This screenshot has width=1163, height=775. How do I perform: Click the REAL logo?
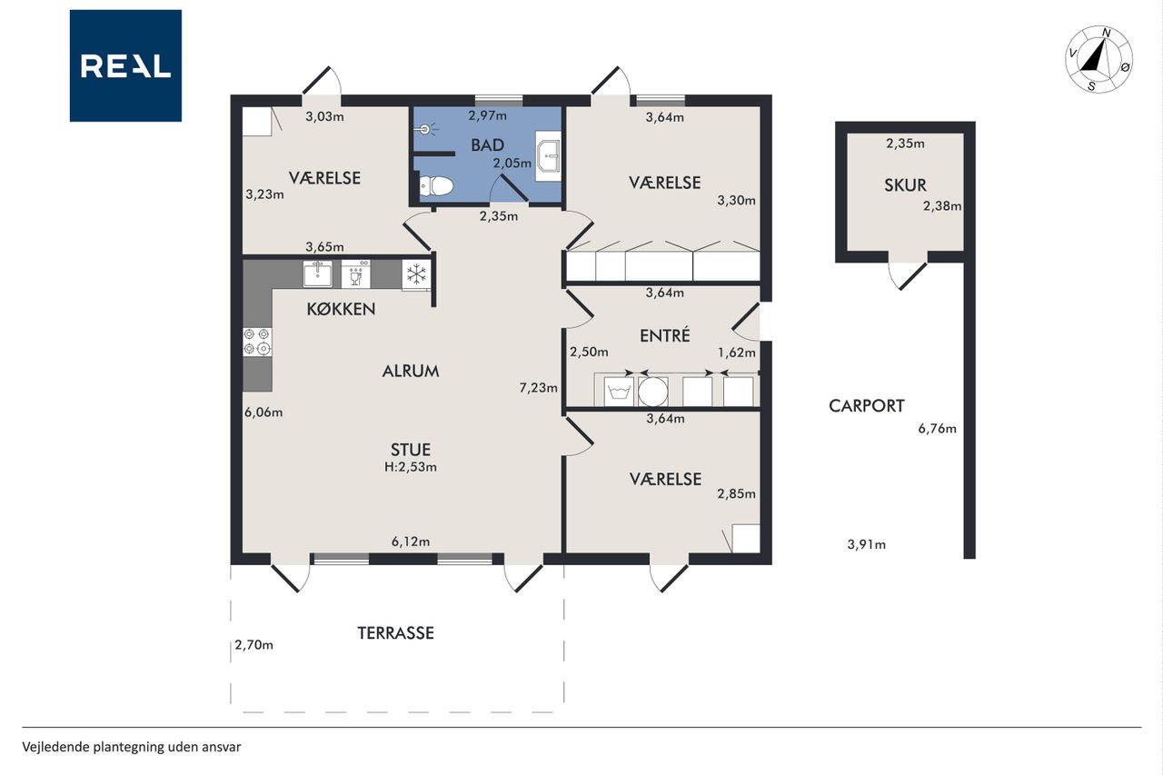[125, 66]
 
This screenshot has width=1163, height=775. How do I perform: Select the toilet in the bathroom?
[435, 186]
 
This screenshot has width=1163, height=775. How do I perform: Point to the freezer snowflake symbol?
[416, 274]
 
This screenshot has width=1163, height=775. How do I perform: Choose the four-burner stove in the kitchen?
[257, 343]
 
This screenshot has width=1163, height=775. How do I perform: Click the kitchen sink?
[318, 273]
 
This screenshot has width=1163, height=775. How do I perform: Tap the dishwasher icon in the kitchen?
[355, 274]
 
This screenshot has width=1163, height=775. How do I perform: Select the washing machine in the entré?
[619, 392]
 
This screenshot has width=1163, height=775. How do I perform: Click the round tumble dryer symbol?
[652, 392]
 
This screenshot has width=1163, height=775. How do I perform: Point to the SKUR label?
[906, 185]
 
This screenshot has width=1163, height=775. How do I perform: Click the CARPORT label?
[867, 406]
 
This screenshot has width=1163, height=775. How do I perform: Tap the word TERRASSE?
[395, 632]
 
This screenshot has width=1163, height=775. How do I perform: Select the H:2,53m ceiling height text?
[410, 467]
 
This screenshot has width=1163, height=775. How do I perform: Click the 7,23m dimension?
[539, 388]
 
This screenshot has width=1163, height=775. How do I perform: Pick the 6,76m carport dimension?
[937, 429]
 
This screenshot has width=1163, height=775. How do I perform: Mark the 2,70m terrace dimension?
[253, 645]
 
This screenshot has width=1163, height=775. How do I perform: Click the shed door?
[908, 275]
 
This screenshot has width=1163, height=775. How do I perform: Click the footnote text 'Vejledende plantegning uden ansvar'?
[132, 747]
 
